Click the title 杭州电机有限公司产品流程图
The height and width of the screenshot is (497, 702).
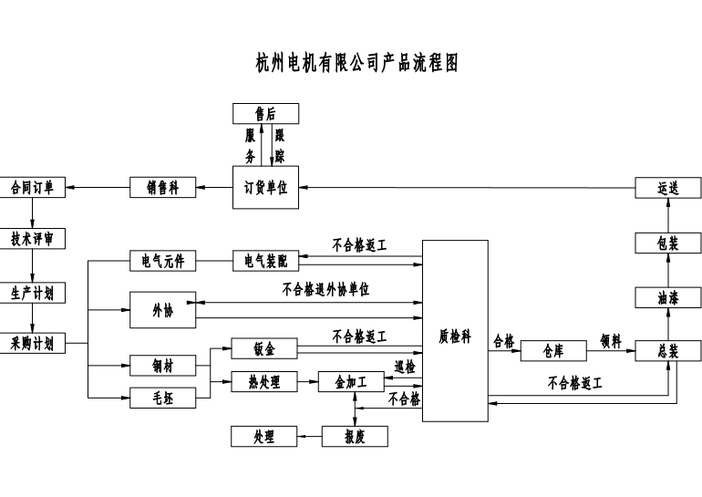pos(356,63)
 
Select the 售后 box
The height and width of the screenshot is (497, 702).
pos(265,113)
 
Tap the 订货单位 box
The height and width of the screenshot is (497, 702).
pos(265,187)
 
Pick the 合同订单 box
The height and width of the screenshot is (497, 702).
pos(31,188)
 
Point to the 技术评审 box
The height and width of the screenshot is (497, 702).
pos(31,238)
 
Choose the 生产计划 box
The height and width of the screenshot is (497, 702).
pos(31,293)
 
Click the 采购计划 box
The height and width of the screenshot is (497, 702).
pos(31,344)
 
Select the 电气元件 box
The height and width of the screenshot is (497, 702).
pos(162,261)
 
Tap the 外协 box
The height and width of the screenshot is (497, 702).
pos(162,311)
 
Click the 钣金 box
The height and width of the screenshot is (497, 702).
pos(264,347)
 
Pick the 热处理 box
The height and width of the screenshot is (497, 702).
pos(264,382)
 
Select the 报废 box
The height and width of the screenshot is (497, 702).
pos(355,436)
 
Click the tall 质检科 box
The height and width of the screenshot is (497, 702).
pos(454,336)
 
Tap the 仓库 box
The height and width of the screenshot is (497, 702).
pos(552,350)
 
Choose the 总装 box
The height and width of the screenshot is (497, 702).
pos(667,350)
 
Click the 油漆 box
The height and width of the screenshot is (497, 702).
pos(667,297)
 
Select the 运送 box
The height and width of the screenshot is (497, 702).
pos(667,188)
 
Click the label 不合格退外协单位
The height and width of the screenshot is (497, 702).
pos(325,289)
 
